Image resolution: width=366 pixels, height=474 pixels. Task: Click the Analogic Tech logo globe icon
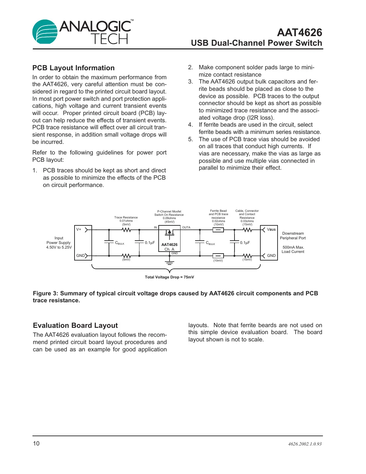(x=45, y=32)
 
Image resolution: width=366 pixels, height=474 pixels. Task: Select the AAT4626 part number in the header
(x=299, y=32)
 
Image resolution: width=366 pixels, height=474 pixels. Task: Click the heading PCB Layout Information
(x=73, y=68)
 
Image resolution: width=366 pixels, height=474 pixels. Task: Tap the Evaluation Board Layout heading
(x=75, y=326)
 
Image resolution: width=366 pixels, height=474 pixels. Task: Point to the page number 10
(x=36, y=444)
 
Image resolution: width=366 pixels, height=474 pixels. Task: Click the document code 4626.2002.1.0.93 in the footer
(x=304, y=444)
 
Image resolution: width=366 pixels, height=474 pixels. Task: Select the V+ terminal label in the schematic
(x=79, y=229)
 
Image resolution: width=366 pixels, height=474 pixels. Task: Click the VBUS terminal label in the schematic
(x=271, y=229)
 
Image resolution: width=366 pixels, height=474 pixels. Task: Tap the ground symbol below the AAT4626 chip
(x=169, y=263)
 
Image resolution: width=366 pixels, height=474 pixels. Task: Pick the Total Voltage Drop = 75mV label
(x=169, y=277)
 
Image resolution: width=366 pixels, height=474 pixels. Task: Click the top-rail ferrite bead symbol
(x=218, y=230)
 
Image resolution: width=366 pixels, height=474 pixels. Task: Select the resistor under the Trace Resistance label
(x=126, y=230)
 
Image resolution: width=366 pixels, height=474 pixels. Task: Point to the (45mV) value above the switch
(x=169, y=222)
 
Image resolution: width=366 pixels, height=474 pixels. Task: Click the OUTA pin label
(x=186, y=227)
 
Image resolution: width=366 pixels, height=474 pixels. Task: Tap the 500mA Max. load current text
(x=293, y=247)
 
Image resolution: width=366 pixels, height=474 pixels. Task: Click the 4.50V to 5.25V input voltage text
(x=59, y=247)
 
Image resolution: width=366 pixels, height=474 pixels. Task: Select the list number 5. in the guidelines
(x=190, y=139)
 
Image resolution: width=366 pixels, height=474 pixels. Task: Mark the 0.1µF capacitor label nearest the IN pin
(x=150, y=243)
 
